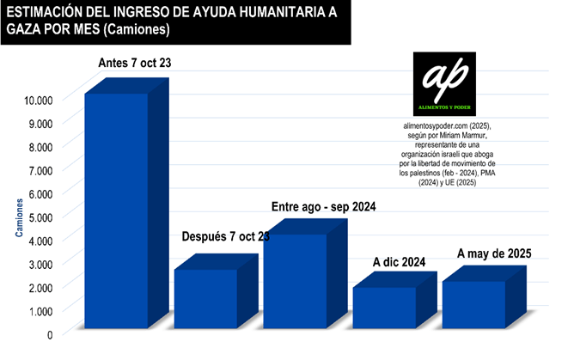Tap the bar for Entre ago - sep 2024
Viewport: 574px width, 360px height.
tap(295, 280)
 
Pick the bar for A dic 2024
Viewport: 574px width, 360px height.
tap(384, 307)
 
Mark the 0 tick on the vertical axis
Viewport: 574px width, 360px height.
tap(50, 333)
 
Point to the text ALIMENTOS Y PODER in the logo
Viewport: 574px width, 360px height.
tap(444, 107)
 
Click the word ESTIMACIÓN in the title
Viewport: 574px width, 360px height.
tap(44, 12)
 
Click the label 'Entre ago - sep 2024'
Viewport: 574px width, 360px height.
tap(323, 207)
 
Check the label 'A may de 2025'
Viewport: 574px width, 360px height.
tap(494, 253)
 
